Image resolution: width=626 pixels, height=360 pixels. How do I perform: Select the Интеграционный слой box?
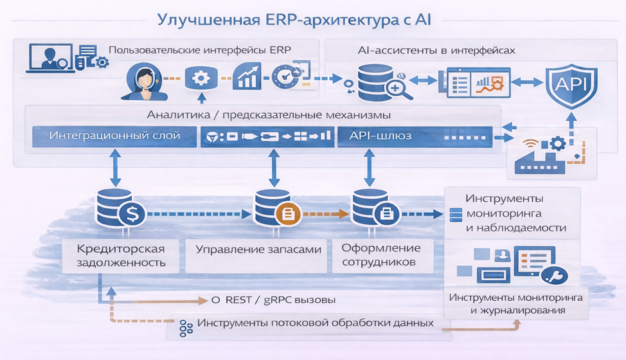pos(114,136)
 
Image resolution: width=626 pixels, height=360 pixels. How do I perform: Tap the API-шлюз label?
pos(381,136)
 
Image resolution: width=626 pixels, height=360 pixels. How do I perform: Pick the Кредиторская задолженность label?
pos(121,255)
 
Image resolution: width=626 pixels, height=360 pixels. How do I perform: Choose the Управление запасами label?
pos(258,249)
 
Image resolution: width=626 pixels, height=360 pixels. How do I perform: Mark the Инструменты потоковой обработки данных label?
pos(315,323)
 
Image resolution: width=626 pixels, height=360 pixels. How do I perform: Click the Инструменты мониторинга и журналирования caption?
pos(516,304)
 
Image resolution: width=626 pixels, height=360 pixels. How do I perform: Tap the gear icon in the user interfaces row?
pos(201,79)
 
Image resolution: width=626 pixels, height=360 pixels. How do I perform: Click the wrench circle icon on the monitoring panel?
pos(553,276)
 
